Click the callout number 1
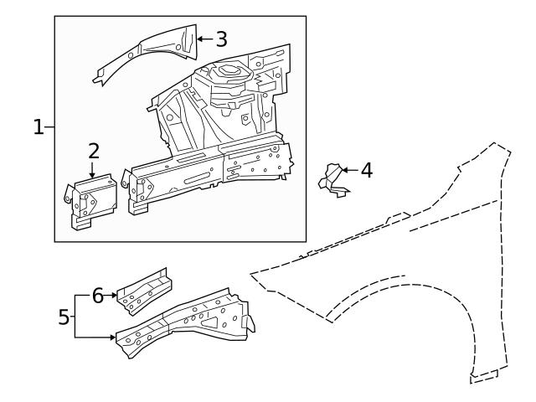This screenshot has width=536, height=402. pos(39,127)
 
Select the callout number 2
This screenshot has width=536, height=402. pos(94,151)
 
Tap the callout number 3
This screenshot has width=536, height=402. pos(221,39)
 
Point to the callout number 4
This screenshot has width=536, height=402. pos(366,170)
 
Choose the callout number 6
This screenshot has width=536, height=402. pos(97,296)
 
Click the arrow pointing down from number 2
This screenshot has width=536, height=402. pos(93,168)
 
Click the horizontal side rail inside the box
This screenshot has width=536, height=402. pos(209,172)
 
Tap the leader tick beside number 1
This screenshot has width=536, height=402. pos(49,127)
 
